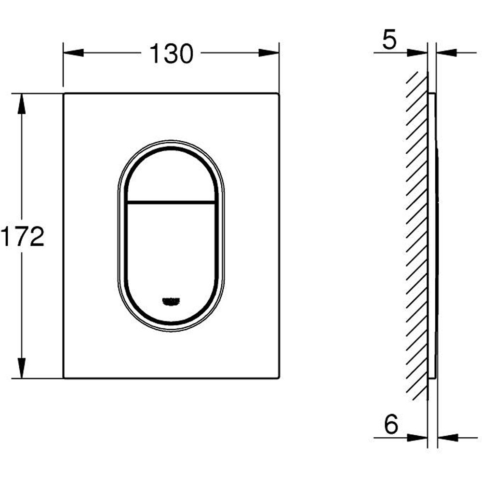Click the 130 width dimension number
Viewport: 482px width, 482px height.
pos(171,53)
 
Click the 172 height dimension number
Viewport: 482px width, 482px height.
pos(22,236)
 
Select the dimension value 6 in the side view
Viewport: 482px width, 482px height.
pos(391,425)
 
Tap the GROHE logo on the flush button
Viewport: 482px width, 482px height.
pos(171,301)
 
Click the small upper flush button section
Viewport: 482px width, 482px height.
pos(171,176)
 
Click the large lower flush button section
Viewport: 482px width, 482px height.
pos(171,251)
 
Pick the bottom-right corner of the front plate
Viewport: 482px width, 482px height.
pos(278,377)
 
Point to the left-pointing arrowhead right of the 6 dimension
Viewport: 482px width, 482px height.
pos(447,438)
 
